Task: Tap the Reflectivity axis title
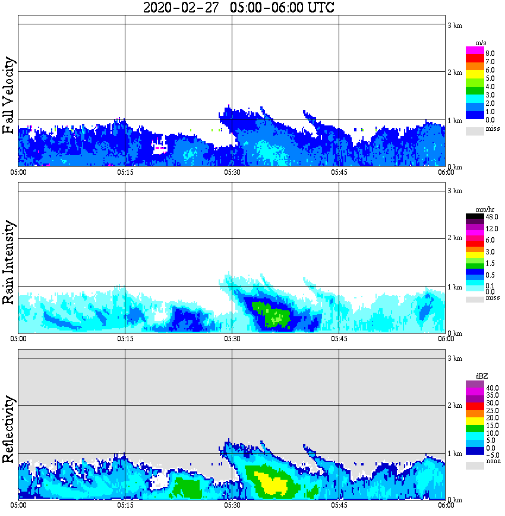coord(9,426)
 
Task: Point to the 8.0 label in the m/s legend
coord(491,53)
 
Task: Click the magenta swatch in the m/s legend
coord(475,51)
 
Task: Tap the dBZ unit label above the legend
coord(482,376)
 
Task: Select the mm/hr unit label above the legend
coord(482,209)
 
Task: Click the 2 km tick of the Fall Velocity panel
coord(454,73)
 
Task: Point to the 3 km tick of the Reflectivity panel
coord(454,358)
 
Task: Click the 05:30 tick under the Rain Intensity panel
coord(232,338)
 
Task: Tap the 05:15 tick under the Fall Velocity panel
coord(125,172)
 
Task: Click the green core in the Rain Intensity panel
coord(270,313)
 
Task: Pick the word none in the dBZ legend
coord(493,461)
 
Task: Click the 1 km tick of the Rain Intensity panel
coord(454,287)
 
